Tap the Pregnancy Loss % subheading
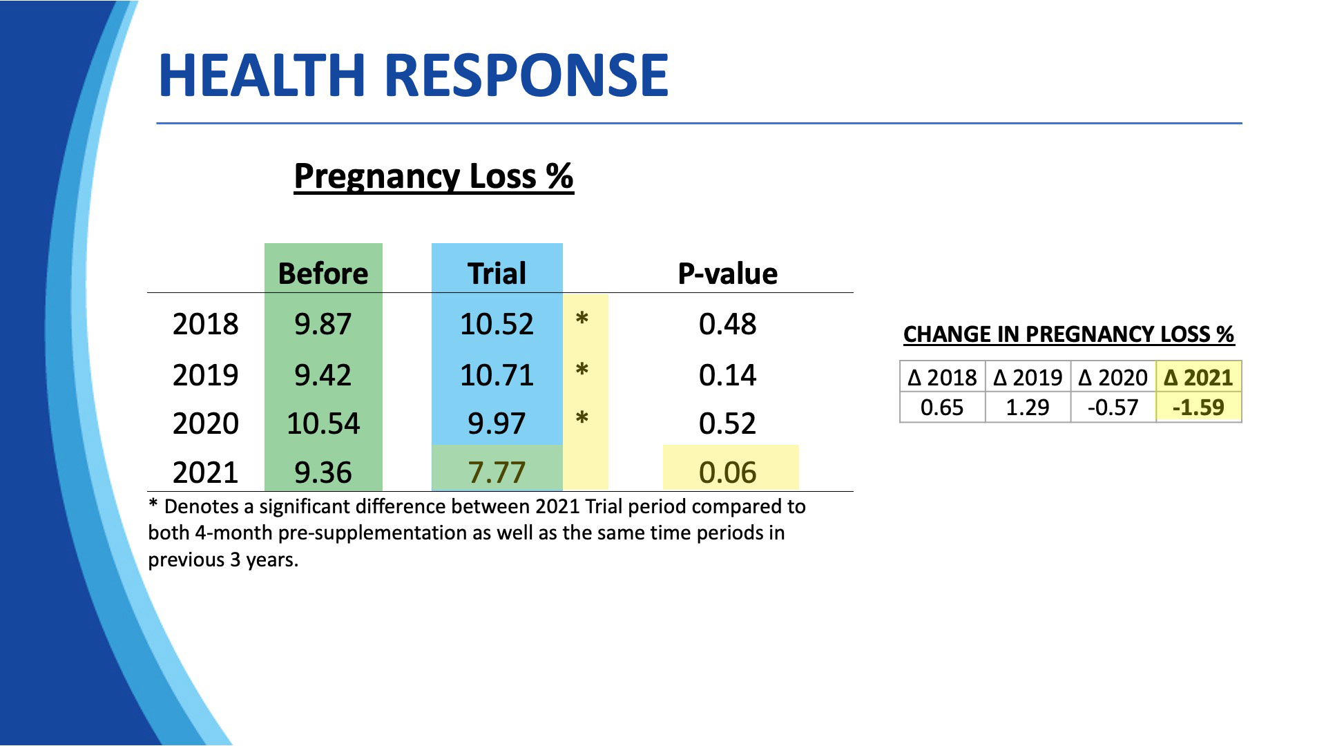[x=433, y=176]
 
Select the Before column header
[x=323, y=274]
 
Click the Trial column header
[x=497, y=274]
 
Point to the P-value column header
[x=727, y=274]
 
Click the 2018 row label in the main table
[x=205, y=324]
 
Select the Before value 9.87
[x=323, y=324]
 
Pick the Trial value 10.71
[x=497, y=375]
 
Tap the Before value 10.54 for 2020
[x=323, y=423]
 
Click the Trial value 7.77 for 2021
[x=497, y=472]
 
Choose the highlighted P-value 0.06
[x=727, y=472]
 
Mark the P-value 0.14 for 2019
[x=727, y=375]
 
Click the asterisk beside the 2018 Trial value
[x=582, y=319]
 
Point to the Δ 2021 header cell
[x=1198, y=378]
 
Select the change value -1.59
[x=1198, y=408]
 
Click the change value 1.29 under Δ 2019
[x=1027, y=408]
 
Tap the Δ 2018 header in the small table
[x=942, y=378]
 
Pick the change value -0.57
[x=1113, y=408]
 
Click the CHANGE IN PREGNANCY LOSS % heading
[x=1068, y=334]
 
